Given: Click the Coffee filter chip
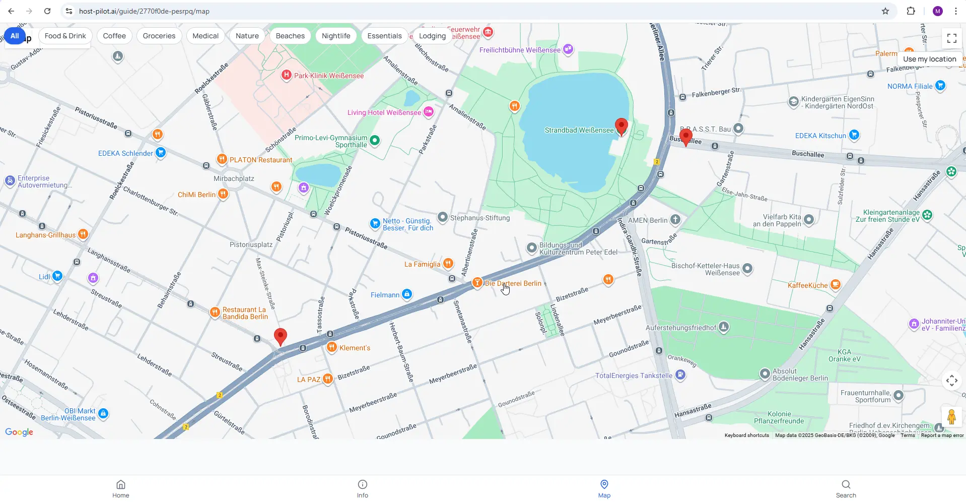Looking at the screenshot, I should tap(114, 36).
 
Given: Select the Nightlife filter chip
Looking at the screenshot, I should tap(336, 36).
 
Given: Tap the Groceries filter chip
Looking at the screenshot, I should tap(159, 36).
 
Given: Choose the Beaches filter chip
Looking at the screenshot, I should tap(290, 36).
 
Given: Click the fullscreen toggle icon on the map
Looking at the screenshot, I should tap(951, 38).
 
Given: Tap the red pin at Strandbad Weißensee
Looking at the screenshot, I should tap(622, 126).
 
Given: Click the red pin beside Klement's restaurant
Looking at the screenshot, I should tap(281, 336).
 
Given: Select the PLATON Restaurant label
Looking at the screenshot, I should tap(260, 160).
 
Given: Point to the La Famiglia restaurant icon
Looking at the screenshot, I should tap(448, 264).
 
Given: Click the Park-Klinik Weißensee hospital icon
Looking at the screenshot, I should tap(286, 75).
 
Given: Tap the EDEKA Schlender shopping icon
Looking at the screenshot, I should tap(161, 152).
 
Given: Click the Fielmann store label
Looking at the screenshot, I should tap(385, 295).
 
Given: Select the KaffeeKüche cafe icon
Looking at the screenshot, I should tap(835, 285).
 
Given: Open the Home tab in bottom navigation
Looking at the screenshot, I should tap(121, 488).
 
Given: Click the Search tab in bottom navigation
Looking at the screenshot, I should tap(846, 488).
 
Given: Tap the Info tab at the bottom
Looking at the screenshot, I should tap(363, 488).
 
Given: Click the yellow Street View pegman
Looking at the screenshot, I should tap(951, 417).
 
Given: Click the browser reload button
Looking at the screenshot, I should tap(47, 11).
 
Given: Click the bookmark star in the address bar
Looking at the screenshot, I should tap(885, 11).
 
